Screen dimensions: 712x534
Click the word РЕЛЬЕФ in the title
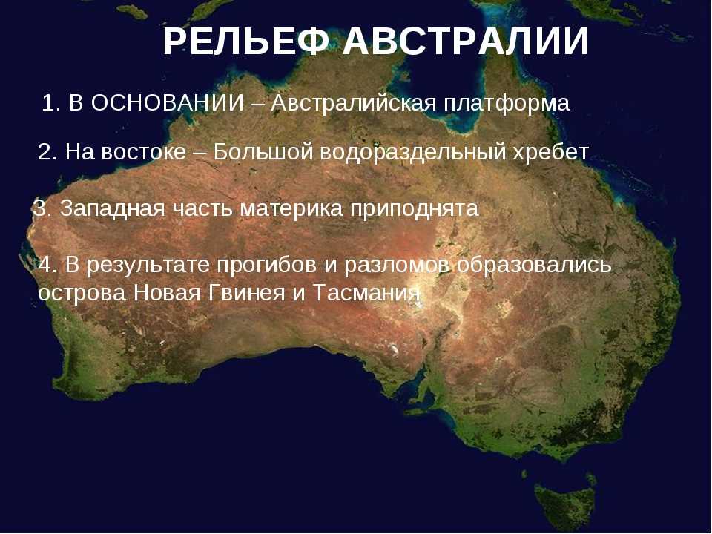pyautogui.click(x=245, y=42)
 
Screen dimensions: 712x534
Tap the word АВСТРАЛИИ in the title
pyautogui.click(x=466, y=42)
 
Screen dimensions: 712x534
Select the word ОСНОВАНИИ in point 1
pyautogui.click(x=168, y=103)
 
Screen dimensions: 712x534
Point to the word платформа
pyautogui.click(x=507, y=104)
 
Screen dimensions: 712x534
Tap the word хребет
pyautogui.click(x=551, y=151)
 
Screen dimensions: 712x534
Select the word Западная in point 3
pyautogui.click(x=112, y=208)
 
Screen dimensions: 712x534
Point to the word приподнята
pyautogui.click(x=415, y=209)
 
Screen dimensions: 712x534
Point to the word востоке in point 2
pyautogui.click(x=144, y=151)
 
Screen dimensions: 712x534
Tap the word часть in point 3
pyautogui.click(x=202, y=209)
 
